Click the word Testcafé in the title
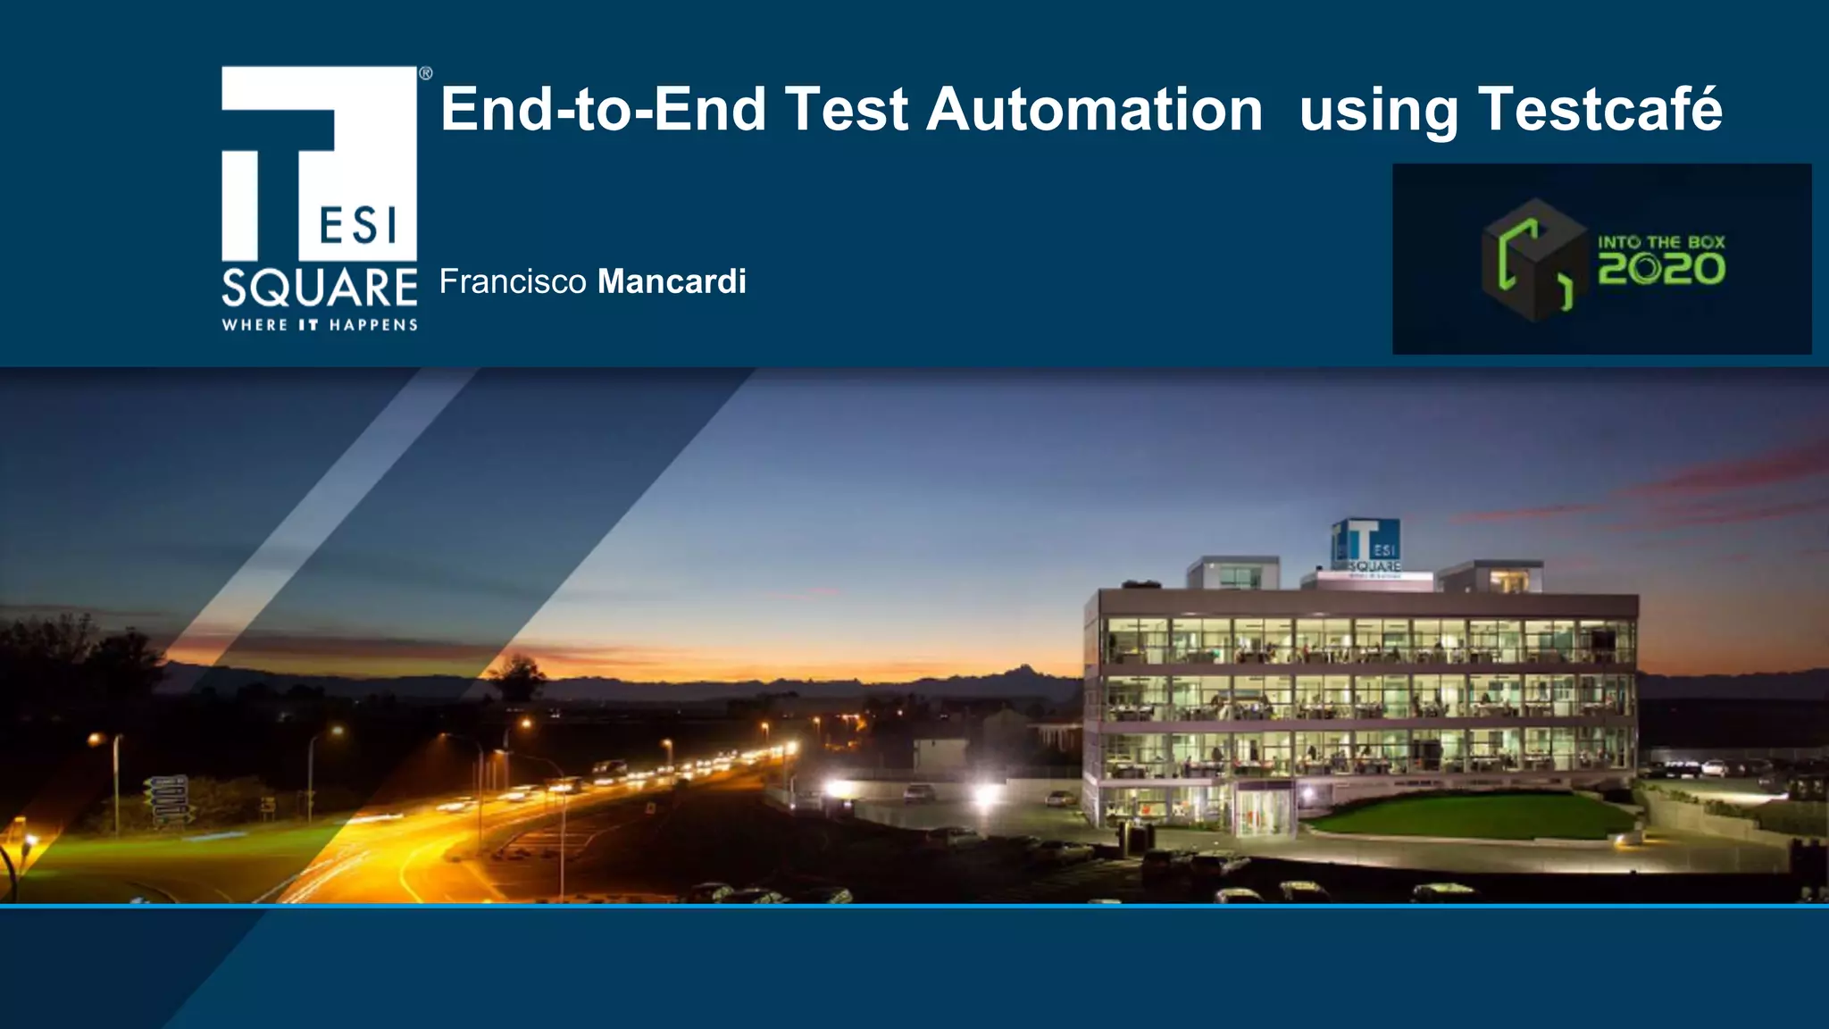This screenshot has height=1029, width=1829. click(x=1599, y=109)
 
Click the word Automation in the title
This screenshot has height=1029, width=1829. click(x=1094, y=109)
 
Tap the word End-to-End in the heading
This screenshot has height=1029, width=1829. click(x=604, y=109)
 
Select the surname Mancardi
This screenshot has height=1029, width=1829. click(x=672, y=281)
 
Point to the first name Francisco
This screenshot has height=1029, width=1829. click(x=512, y=281)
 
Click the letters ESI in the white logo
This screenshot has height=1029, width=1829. click(x=358, y=225)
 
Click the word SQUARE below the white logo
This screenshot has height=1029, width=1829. click(x=319, y=289)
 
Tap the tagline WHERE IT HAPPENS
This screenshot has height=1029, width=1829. click(x=319, y=325)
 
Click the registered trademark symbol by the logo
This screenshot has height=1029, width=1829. click(x=426, y=73)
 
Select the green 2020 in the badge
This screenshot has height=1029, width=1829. click(x=1661, y=269)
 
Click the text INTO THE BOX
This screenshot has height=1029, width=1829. click(x=1661, y=242)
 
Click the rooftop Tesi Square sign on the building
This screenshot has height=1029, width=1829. click(x=1366, y=545)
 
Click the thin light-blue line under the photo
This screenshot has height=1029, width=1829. click(x=914, y=906)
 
